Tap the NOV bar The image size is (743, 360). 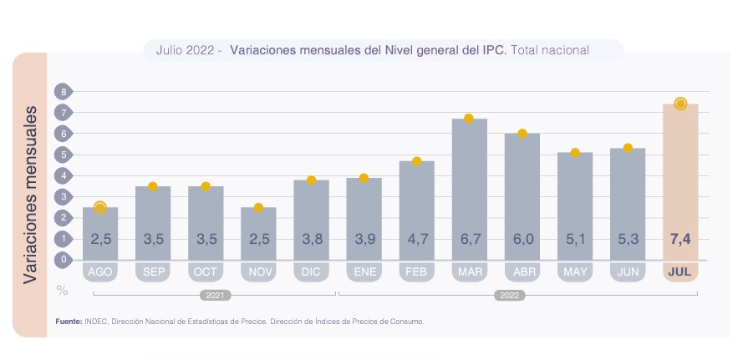coord(258,233)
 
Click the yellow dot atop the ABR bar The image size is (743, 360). coord(522,134)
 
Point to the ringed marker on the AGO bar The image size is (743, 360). coord(100,208)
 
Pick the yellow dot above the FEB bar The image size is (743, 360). coord(416,161)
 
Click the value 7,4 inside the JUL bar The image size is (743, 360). coord(679,240)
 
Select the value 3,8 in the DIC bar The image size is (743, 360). coord(311,240)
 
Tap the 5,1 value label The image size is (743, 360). coord(574,240)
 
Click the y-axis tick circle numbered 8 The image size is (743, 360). coord(61,91)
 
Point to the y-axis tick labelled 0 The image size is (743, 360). coord(61,260)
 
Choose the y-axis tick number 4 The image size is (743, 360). coord(61,175)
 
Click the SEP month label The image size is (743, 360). coord(153,272)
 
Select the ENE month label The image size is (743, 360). coord(364,272)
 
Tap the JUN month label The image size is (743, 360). coord(627,272)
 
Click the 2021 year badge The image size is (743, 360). coord(215,295)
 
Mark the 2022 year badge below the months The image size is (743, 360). coord(509,295)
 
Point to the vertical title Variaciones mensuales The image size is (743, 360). coord(31,194)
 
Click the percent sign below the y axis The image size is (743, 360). coord(62,290)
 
